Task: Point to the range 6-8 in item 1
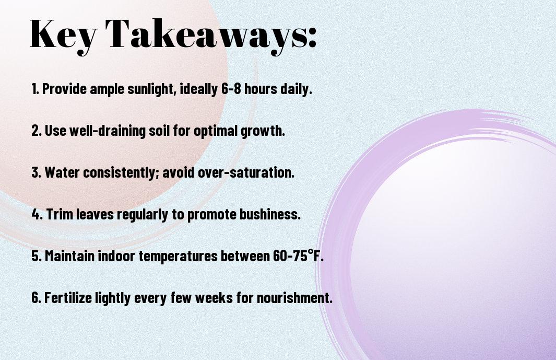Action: coord(231,89)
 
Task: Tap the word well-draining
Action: coord(108,131)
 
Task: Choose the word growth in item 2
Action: coord(263,131)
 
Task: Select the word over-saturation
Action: coord(246,172)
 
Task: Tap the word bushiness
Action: coord(270,214)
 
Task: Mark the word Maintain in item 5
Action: coord(70,256)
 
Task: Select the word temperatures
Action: coord(178,256)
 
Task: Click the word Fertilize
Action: coord(68,297)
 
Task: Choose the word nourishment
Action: coord(294,297)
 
